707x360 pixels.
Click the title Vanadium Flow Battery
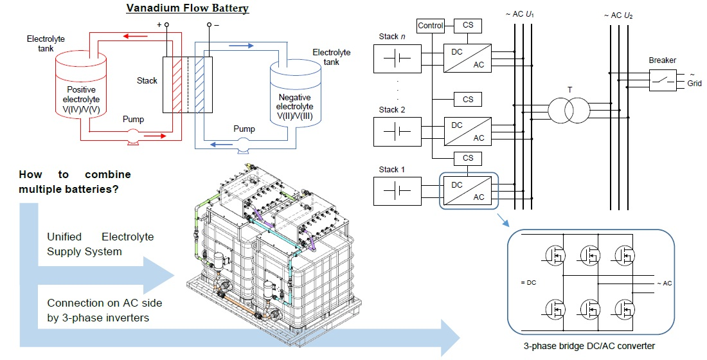(x=187, y=8)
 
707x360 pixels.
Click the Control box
(x=430, y=26)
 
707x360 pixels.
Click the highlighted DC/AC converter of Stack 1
(x=467, y=191)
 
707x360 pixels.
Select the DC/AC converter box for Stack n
(x=467, y=58)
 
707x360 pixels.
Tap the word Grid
(x=694, y=84)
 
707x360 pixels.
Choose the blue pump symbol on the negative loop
(x=243, y=148)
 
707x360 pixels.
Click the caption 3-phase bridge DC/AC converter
(x=589, y=346)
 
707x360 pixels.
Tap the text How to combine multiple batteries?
(x=75, y=181)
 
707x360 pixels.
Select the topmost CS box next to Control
(x=467, y=26)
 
